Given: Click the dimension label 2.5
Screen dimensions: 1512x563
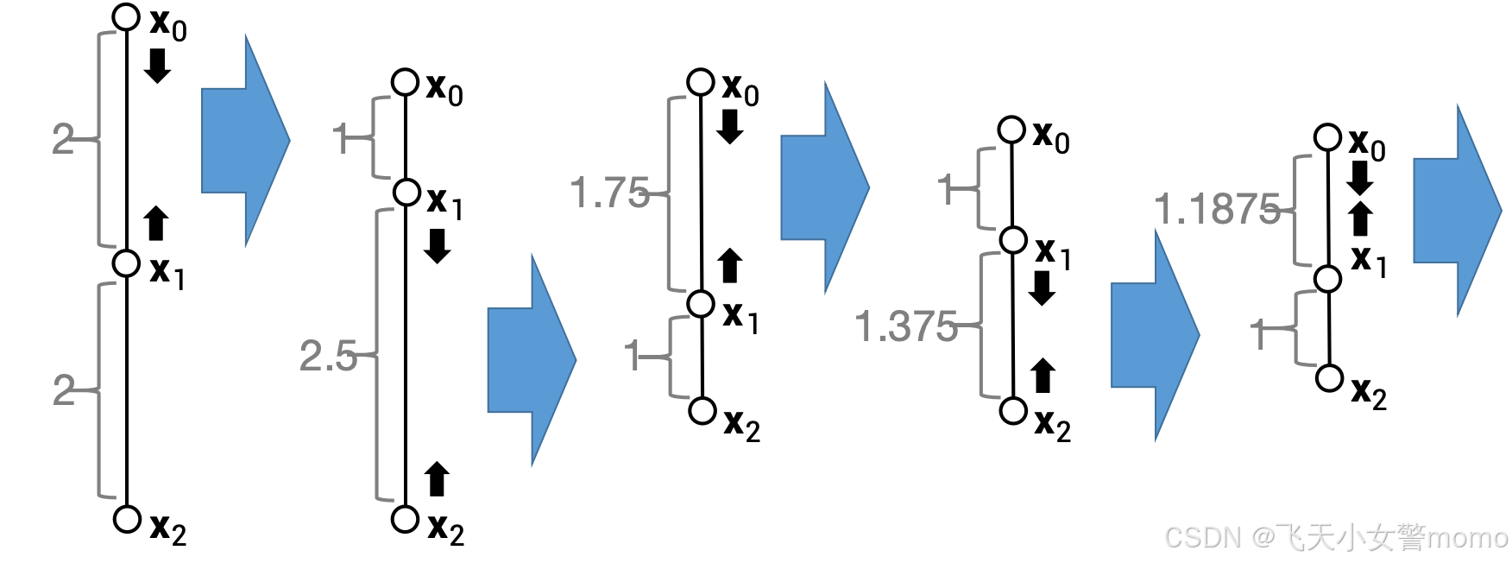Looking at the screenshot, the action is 328,356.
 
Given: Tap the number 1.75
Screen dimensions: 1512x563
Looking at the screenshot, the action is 609,193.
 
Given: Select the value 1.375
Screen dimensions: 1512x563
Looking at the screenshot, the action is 905,327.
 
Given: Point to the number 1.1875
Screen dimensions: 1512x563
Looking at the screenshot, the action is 1217,210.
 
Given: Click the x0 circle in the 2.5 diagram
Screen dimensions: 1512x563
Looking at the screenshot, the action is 405,82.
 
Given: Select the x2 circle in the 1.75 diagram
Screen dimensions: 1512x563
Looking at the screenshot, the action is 702,410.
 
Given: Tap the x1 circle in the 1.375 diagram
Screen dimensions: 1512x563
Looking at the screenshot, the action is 1013,239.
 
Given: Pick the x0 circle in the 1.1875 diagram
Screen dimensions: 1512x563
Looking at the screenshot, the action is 1327,136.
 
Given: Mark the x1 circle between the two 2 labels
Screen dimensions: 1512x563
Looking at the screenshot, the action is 127,263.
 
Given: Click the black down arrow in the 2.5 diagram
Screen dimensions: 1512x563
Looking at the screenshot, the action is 438,246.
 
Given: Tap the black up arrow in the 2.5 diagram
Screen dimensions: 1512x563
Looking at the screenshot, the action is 438,479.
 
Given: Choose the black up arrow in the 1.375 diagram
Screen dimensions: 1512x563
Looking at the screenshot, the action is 1043,376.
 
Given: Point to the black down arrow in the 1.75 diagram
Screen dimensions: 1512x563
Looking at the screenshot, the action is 730,127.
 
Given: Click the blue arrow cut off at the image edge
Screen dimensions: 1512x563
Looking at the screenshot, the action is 1457,211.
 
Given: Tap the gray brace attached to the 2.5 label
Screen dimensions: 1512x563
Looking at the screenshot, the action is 381,354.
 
